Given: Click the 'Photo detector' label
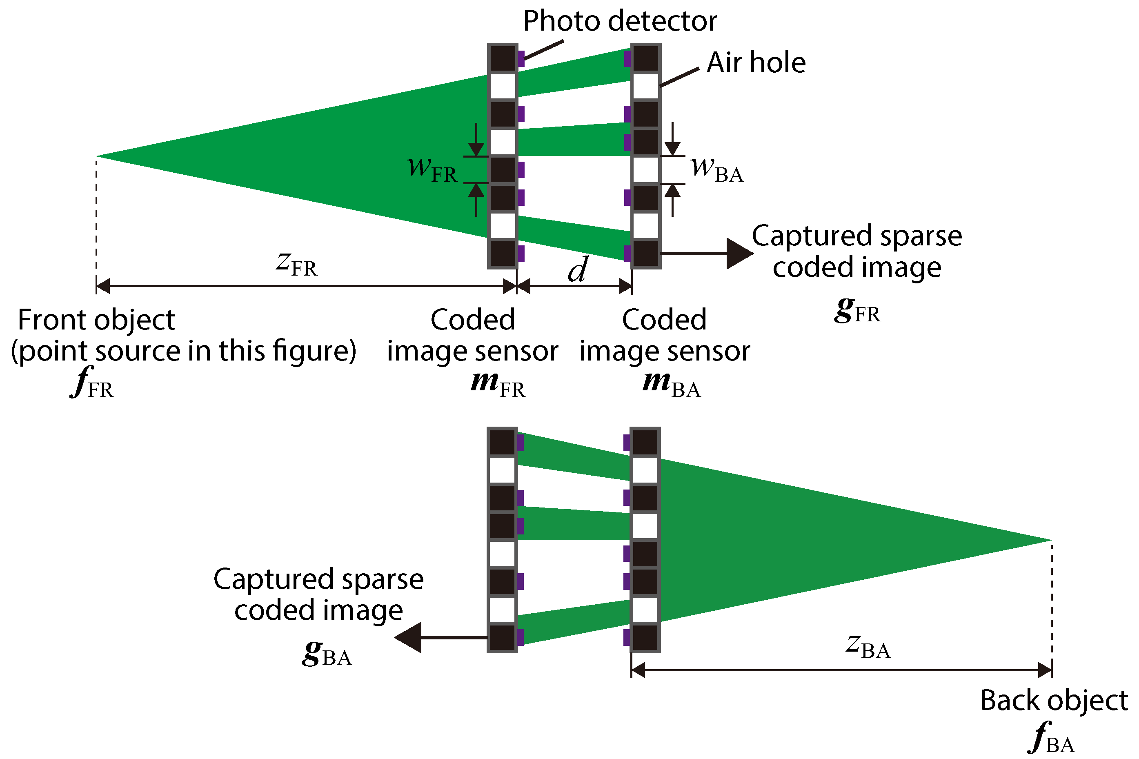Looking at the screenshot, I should click(x=619, y=21).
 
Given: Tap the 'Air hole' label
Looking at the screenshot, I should click(x=755, y=63).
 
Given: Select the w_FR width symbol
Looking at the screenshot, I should click(x=432, y=169).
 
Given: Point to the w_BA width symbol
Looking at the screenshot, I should click(x=716, y=169).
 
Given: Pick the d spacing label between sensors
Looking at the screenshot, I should click(x=578, y=269).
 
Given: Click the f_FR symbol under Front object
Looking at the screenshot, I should click(x=92, y=383).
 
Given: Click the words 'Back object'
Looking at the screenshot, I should click(x=1053, y=701).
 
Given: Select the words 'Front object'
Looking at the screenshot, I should click(x=96, y=320).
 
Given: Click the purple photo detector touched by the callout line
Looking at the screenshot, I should click(x=521, y=58).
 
